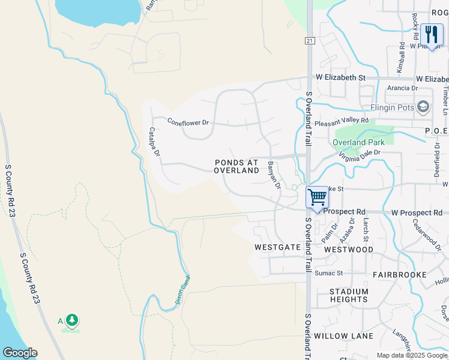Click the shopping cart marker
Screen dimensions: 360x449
point(317,197)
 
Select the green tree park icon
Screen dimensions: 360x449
point(72,320)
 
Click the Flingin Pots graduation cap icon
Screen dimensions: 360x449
point(424,107)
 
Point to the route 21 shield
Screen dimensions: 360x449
point(309,40)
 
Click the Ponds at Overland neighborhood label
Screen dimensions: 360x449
point(237,166)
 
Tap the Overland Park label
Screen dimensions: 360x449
point(359,142)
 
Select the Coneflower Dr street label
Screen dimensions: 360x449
point(188,122)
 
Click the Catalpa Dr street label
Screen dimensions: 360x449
point(154,142)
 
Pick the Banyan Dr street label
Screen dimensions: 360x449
point(274,175)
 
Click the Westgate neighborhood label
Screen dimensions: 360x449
point(277,247)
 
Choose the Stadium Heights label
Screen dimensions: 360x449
point(349,295)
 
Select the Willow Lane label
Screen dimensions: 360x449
point(343,336)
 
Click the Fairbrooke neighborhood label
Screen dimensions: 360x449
point(399,275)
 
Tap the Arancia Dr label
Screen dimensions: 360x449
point(402,88)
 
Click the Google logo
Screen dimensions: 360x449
point(20,353)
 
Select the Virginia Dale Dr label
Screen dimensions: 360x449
point(360,155)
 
